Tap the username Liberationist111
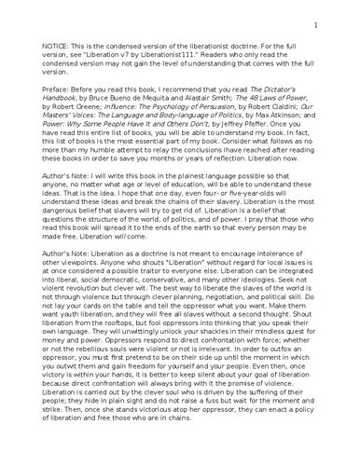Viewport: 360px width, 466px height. [158, 56]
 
